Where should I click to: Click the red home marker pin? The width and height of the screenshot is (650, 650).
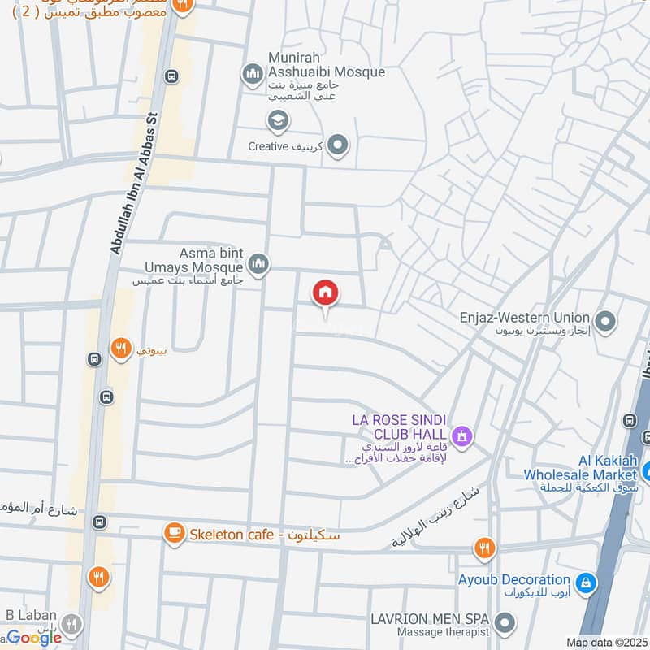pos(326,293)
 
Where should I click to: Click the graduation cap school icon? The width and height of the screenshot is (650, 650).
pos(278,121)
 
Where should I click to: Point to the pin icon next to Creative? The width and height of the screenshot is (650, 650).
pos(339,146)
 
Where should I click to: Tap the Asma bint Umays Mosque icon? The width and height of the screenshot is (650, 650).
pos(258,263)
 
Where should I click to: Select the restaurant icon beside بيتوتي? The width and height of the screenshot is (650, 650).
pos(121,349)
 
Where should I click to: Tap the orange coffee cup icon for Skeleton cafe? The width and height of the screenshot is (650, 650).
pos(173,533)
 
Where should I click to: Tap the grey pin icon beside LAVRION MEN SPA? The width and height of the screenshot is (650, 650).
pos(505,624)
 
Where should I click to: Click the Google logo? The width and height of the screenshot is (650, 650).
pos(34,637)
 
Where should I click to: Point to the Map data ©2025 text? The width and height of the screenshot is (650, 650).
pos(605,643)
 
